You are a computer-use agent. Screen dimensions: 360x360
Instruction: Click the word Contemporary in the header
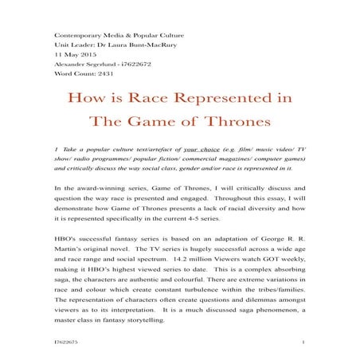[x=74, y=37]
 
